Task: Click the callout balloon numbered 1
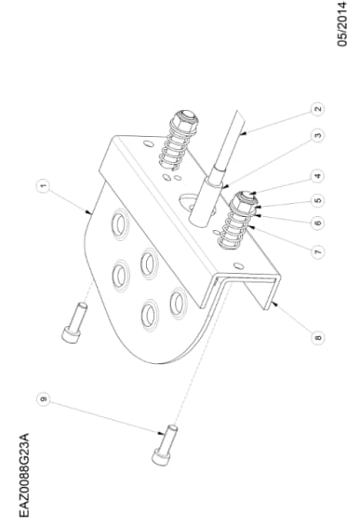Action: [x=44, y=186]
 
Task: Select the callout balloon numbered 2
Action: [x=318, y=109]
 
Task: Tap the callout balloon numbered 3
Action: [x=318, y=137]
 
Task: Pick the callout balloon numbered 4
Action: [x=318, y=175]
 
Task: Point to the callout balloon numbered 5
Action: [x=318, y=200]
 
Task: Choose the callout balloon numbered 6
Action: [x=318, y=223]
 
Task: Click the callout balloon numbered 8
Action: [x=318, y=338]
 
